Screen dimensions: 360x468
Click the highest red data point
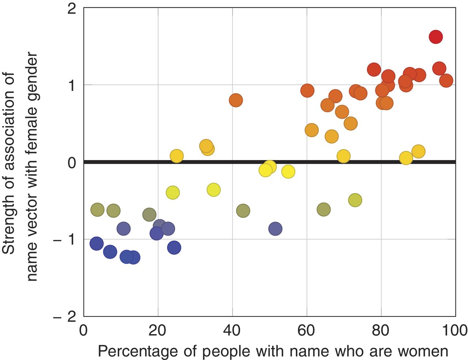pos(436,37)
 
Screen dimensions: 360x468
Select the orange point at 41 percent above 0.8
pos(236,100)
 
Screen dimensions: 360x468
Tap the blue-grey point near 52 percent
pos(275,229)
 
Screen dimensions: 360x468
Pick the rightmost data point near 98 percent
pos(446,80)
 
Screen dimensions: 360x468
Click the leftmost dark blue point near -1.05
pos(97,243)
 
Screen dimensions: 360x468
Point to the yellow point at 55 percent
pos(288,171)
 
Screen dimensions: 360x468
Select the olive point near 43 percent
pos(243,211)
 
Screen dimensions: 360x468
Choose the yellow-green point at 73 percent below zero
pos(355,200)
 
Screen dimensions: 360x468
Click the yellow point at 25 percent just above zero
pos(177,156)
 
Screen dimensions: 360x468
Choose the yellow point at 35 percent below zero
pos(214,190)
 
